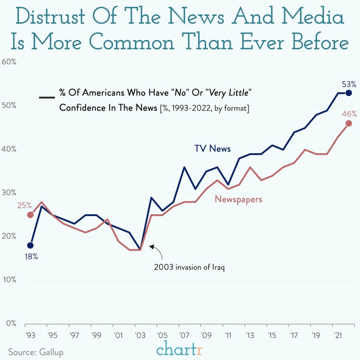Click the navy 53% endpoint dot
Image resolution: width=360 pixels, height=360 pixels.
349,93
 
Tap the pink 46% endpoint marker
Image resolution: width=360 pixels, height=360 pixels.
349,123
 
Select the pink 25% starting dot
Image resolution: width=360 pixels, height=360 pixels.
30,215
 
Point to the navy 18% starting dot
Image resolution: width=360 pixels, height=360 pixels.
30,246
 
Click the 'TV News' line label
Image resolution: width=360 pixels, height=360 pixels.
212,148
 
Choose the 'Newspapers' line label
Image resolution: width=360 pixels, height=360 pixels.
238,199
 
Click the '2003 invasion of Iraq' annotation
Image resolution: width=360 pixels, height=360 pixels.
189,267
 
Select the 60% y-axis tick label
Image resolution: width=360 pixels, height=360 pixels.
9,62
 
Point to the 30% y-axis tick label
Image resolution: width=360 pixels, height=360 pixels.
9,193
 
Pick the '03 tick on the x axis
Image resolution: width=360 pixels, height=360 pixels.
140,335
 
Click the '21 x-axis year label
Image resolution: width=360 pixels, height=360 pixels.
338,335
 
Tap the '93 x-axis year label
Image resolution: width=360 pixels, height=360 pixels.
30,335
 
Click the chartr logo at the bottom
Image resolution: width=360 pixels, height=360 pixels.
180,349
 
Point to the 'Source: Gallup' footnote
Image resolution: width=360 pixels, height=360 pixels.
36,352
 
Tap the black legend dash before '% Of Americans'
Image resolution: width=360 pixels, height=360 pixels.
47,97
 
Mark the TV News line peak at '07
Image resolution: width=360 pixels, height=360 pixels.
184,167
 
